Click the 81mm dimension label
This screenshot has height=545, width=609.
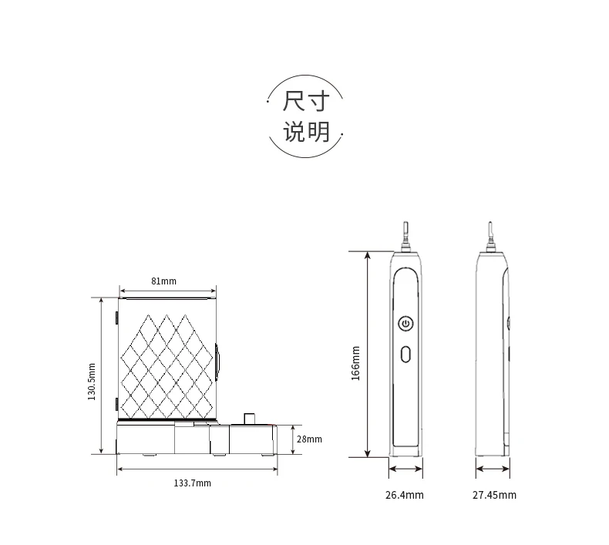coord(163,281)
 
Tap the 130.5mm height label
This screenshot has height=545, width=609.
coord(91,382)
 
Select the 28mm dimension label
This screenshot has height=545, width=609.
coord(309,439)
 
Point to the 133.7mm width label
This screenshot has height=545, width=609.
coord(192,483)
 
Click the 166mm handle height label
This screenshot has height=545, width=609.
coord(355,363)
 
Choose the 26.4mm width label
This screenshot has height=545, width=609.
coord(404,495)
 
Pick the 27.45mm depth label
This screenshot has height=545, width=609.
coord(494,495)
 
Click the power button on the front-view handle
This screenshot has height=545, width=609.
coord(405,323)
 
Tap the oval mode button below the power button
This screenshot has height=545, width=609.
coord(405,355)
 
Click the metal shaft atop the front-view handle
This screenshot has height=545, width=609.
coord(405,236)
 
